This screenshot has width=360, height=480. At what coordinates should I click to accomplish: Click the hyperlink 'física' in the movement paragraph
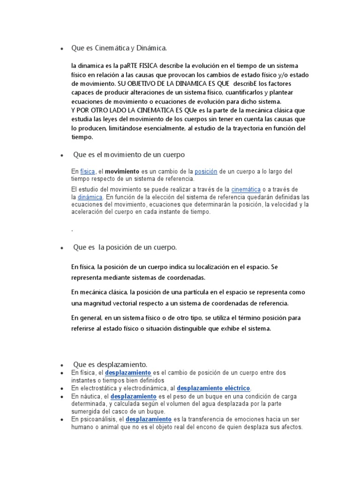point(87,172)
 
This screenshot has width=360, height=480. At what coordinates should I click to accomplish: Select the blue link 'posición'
point(206,172)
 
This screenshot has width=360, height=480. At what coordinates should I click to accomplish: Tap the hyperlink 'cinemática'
point(246,189)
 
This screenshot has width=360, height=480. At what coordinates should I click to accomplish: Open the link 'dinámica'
point(90,197)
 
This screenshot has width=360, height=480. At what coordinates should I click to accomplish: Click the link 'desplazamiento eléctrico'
point(214,388)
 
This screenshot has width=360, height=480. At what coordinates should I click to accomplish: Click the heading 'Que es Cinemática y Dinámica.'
point(119,48)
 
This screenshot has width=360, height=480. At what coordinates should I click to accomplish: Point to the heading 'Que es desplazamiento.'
point(110,364)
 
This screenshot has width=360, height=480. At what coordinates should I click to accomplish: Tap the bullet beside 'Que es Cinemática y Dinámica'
point(61,49)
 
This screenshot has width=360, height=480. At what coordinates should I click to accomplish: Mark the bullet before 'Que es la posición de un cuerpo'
point(61,248)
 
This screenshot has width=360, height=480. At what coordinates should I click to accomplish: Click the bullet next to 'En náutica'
point(61,397)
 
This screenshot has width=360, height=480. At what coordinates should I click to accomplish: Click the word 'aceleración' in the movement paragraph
point(89,212)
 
